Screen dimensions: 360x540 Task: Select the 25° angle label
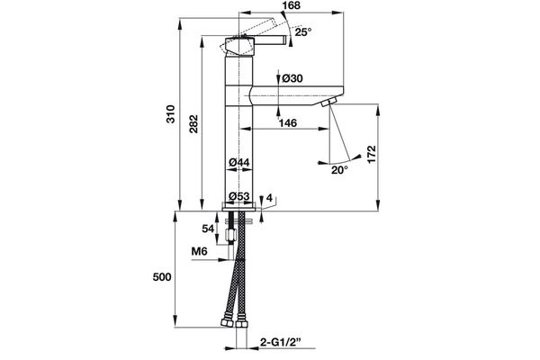(x=303, y=31)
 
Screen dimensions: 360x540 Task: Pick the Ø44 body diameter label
(x=238, y=162)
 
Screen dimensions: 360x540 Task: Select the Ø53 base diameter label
(x=238, y=196)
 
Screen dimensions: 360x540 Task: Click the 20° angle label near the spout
(x=338, y=169)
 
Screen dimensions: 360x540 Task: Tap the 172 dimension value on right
(x=382, y=155)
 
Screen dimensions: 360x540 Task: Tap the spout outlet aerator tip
(x=328, y=105)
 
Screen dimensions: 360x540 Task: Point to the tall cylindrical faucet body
(x=238, y=135)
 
